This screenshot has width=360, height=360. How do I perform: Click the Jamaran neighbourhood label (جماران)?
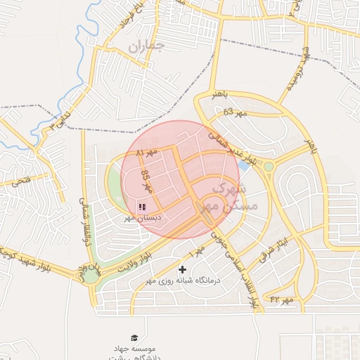point(146,47)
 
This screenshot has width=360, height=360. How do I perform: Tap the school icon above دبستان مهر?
point(142,207)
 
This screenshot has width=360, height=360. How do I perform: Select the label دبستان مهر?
point(142,219)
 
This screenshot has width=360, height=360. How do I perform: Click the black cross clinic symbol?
point(183,269)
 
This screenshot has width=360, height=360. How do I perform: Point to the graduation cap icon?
point(134,338)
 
